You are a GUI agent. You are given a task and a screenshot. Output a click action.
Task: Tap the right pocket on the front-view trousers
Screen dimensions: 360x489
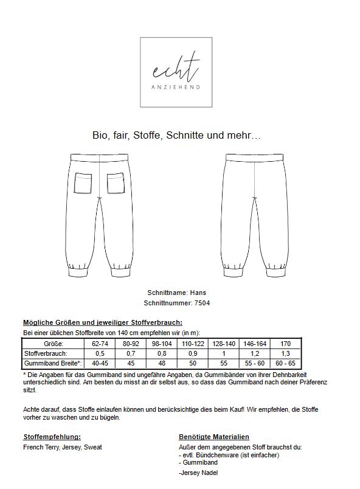tap(116, 183)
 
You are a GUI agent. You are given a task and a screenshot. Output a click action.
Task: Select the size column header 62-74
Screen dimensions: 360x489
tap(100, 344)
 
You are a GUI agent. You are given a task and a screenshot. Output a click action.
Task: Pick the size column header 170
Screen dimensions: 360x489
tap(285, 344)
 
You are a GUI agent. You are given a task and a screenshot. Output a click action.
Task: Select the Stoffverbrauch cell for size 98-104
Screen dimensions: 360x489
tap(162, 353)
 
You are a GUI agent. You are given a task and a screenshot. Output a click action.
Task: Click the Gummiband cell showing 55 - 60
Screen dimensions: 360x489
tap(255, 363)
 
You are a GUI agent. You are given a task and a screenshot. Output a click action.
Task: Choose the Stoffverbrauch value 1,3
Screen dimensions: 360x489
tap(285, 353)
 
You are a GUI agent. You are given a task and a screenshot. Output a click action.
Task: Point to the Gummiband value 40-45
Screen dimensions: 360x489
tap(100, 363)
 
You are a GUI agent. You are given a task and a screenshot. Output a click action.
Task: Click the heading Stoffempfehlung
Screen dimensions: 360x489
tap(52, 437)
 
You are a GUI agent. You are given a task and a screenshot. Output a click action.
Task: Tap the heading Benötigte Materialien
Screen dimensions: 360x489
tap(213, 437)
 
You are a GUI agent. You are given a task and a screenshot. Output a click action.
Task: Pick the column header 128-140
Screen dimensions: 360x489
tap(224, 344)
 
